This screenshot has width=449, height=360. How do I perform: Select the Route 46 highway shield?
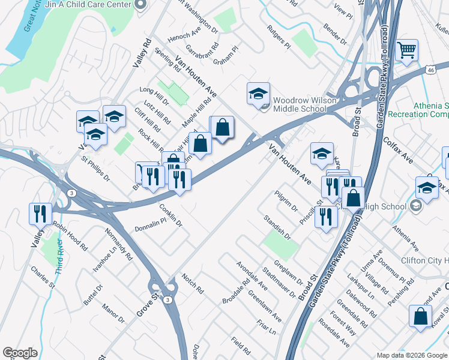430,70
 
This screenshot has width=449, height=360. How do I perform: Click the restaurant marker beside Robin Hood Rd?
38,213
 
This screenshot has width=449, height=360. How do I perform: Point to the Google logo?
20,353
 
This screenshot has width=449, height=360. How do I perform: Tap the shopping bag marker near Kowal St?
420,316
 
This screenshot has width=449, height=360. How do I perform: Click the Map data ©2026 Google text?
411,355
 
